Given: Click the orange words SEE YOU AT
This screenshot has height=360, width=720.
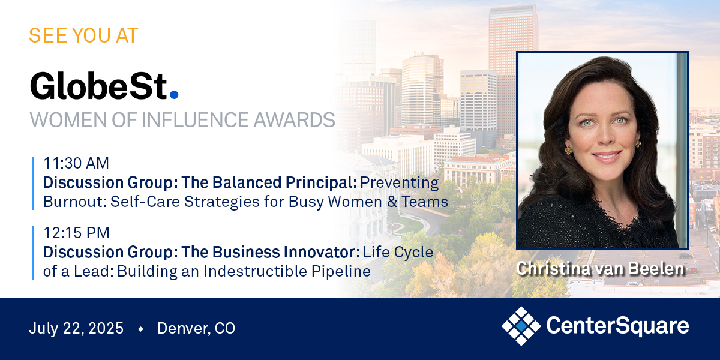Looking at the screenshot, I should point(83,35).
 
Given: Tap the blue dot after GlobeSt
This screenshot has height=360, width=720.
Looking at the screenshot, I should point(174,94).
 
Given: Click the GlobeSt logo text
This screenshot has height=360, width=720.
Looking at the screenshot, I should point(100,85).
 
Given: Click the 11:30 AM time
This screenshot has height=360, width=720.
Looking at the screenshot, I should point(76,163).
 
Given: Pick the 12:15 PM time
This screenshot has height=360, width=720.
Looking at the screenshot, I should point(76,233).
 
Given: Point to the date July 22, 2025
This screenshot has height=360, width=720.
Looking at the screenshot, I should point(76,328).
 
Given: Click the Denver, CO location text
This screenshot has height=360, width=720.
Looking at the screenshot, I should point(196,328).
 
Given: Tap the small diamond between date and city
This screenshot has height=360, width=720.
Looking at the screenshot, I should point(140,329).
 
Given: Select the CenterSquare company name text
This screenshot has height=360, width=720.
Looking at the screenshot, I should point(617,326).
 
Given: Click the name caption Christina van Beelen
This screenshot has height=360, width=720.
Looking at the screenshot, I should point(601,269).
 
